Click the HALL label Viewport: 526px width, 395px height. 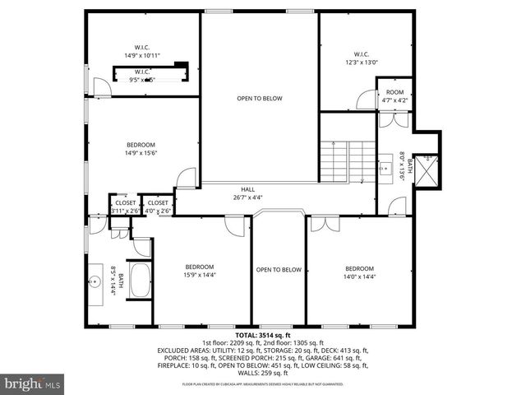248,188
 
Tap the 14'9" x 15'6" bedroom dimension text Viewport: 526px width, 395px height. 141,152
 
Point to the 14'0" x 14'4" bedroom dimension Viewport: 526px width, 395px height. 359,277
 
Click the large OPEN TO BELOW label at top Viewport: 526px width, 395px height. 260,99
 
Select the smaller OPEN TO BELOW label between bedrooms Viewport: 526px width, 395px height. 279,270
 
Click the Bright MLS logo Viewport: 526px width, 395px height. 33,383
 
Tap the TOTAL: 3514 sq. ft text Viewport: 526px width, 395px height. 263,335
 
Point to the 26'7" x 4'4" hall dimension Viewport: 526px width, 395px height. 248,197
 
